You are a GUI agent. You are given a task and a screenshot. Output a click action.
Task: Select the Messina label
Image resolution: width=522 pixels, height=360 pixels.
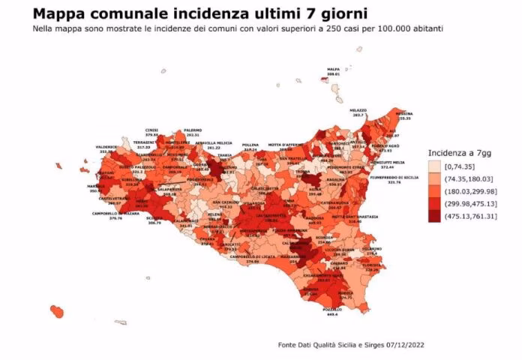point(404,113)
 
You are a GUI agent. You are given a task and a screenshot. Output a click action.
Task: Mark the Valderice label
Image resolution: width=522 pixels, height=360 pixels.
point(106,147)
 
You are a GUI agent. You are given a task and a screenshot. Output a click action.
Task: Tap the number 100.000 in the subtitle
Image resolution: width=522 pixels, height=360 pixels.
point(369,28)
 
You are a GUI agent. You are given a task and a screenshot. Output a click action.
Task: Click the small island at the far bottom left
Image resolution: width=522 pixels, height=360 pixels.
point(55,310)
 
